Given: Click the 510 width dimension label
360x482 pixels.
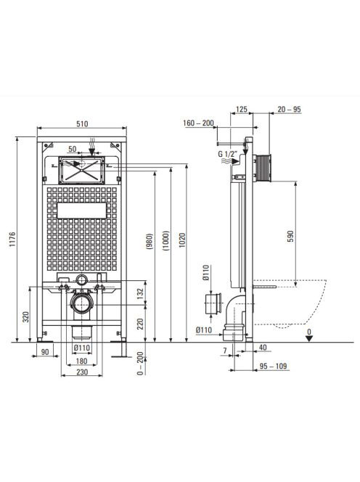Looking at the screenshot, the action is click(82, 123).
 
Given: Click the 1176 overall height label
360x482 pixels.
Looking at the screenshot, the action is click(12, 240).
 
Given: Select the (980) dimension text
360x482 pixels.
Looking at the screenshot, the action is click(150, 241).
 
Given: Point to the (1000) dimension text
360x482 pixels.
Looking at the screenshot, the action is click(165, 241).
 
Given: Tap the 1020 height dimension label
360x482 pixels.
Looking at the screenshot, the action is click(182, 241).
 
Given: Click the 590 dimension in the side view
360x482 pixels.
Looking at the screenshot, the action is click(290, 236).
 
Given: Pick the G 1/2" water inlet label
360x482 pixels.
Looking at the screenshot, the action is click(227, 154).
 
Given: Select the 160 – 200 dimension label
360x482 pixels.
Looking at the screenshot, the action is click(198, 123).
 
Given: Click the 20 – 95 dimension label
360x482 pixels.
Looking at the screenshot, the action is click(289, 109).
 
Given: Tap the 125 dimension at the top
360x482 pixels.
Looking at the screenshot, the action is click(242, 109).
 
